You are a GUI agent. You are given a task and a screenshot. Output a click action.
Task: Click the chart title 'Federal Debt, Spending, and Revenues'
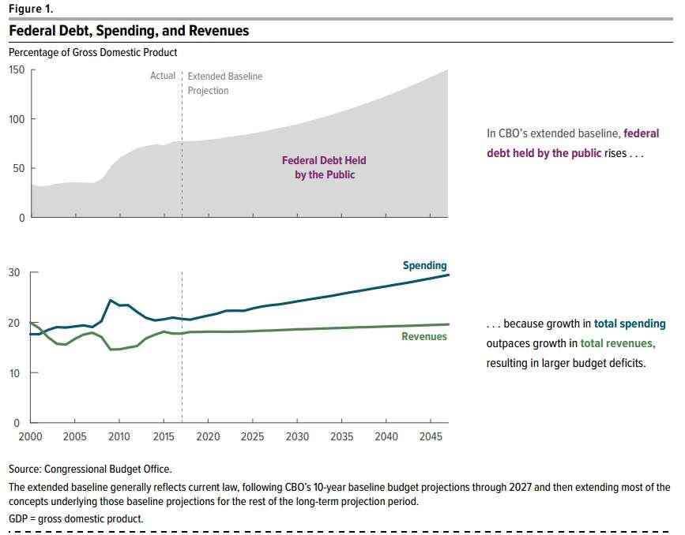(129, 31)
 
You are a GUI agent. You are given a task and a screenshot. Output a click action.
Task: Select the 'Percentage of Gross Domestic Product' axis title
(93, 52)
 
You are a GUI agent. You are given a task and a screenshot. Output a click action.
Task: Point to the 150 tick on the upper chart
(17, 69)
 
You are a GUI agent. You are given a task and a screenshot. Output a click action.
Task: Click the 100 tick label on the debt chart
(17, 119)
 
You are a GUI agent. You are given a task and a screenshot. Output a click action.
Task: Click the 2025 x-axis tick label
(253, 436)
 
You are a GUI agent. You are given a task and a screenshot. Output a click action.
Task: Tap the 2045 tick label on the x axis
(431, 436)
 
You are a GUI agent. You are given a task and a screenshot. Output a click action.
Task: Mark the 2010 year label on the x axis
(119, 436)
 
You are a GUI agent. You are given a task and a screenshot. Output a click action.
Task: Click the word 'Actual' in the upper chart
(163, 77)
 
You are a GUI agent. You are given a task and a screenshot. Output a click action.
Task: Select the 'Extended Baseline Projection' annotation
(224, 84)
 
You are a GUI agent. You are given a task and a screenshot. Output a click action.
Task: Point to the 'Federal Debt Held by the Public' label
(324, 167)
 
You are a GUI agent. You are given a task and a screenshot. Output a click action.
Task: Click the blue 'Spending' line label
(424, 266)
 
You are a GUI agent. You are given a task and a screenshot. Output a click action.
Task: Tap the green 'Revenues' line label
(423, 337)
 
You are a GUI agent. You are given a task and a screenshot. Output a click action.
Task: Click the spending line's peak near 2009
(110, 300)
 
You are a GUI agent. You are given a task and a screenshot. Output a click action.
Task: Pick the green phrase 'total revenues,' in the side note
(618, 343)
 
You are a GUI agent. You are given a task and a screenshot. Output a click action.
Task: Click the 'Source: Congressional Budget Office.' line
(90, 469)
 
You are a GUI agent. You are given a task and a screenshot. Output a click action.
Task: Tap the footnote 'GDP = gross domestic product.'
(76, 518)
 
